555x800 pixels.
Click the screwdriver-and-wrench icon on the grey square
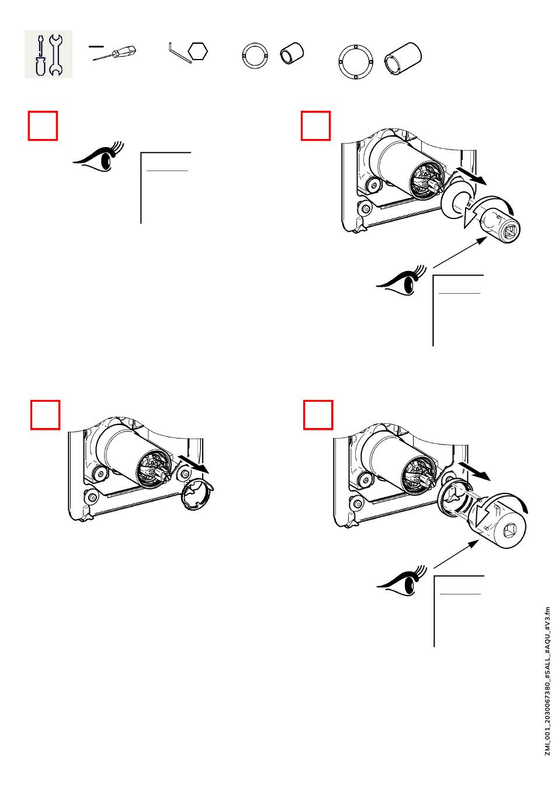tap(48, 54)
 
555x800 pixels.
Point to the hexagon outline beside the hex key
tap(199, 52)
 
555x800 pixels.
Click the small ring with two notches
tap(255, 56)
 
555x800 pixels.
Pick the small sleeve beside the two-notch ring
tap(292, 54)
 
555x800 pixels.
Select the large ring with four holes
tap(355, 61)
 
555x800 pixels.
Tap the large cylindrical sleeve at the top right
tap(403, 58)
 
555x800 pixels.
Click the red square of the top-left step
tap(43, 126)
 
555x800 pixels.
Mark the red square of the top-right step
tap(315, 126)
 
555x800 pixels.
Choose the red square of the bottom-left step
tap(45, 415)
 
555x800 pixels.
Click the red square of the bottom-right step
tap(318, 415)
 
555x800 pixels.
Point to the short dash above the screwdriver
tap(96, 45)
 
